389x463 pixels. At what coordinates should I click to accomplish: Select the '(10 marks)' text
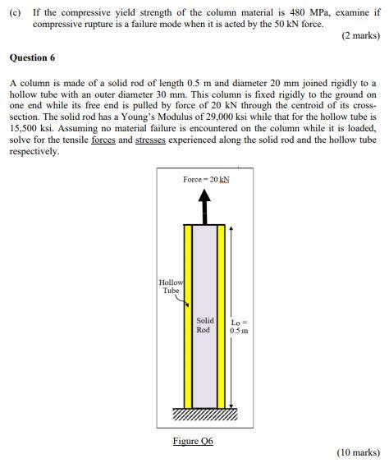coord(358,452)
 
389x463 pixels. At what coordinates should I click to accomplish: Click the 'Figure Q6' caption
coord(193,441)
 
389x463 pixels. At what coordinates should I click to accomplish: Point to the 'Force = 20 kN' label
coord(207,180)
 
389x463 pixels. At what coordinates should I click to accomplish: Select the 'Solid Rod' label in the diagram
coord(205,325)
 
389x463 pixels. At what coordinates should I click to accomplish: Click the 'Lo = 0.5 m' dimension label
coord(240,326)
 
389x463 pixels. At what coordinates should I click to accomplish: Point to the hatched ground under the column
coord(206,414)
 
